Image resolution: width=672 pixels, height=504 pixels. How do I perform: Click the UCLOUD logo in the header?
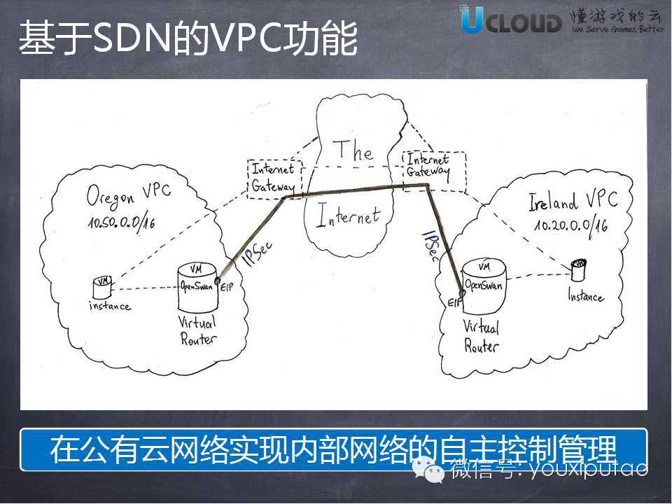(x=511, y=20)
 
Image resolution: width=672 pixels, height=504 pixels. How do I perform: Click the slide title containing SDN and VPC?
(x=188, y=39)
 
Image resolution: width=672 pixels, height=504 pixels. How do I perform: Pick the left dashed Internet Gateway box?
(x=274, y=178)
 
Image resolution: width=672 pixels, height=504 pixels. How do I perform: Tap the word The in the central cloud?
(x=353, y=150)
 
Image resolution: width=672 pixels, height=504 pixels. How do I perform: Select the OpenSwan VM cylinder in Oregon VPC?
(x=197, y=287)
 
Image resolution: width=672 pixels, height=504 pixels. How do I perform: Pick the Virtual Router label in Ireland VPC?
(x=482, y=337)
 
